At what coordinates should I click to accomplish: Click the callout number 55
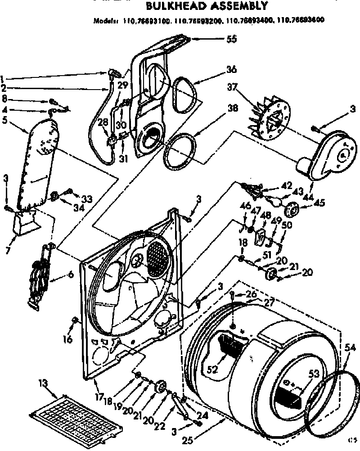[x=232, y=39]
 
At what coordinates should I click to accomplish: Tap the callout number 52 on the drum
[x=212, y=370]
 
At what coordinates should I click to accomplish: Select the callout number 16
[x=68, y=340]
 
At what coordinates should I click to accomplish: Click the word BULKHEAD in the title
[x=173, y=7]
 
